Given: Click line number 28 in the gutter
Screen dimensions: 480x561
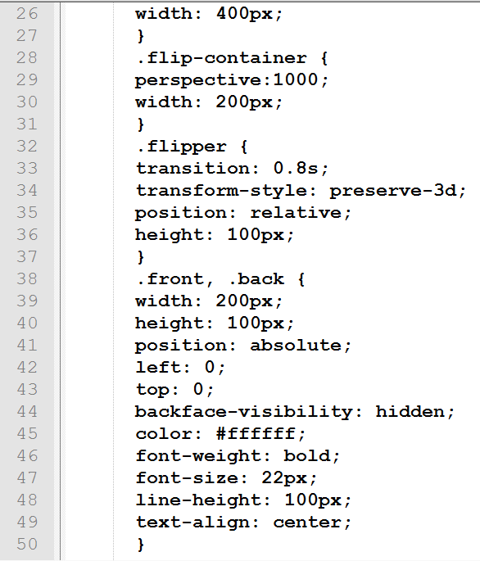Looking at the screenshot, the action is [27, 57].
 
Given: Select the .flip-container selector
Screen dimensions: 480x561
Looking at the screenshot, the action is [222, 58].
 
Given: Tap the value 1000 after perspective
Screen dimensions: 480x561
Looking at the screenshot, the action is [296, 79].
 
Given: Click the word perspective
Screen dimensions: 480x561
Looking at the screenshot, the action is [199, 81].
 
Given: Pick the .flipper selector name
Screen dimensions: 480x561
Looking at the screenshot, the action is [182, 147].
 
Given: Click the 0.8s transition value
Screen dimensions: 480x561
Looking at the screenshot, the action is [296, 168].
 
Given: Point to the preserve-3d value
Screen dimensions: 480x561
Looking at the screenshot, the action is [393, 191].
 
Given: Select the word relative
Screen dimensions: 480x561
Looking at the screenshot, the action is [296, 212].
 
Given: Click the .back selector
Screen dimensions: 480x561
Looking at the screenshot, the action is [256, 278].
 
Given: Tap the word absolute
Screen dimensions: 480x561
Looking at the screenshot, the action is [296, 346].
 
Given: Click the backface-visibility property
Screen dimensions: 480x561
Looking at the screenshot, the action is [244, 411].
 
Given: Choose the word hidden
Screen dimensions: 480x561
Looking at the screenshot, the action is [410, 411].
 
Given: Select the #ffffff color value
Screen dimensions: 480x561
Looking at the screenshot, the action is [256, 433].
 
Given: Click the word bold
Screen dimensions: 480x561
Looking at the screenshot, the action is [307, 456].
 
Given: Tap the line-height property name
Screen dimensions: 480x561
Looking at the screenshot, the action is [199, 500].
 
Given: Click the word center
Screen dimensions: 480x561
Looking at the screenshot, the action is [307, 523].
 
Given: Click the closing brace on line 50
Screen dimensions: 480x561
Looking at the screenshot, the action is [141, 545].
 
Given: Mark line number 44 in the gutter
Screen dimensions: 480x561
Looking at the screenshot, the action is [27, 411].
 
